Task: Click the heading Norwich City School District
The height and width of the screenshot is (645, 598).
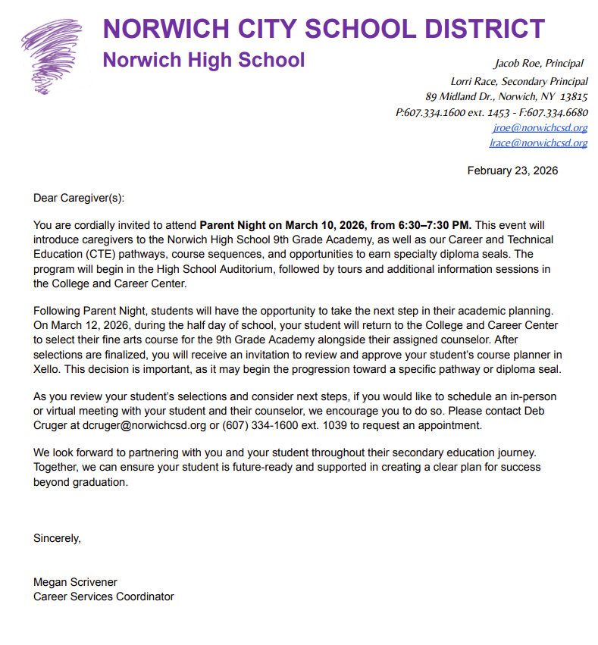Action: pos(324,29)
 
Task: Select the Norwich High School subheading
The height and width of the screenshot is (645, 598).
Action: pos(203,60)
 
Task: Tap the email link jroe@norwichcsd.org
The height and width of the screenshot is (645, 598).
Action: pos(540,127)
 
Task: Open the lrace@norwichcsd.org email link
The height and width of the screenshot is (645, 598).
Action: pos(538,142)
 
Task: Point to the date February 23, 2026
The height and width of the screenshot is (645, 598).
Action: pos(512,171)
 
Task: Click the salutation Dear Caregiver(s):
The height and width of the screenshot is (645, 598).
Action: pos(78,198)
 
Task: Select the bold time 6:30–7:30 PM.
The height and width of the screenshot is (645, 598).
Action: pos(434,225)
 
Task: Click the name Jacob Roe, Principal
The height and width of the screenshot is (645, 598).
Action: pos(539,63)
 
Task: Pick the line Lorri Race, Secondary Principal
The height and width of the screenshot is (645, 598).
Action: pos(518,81)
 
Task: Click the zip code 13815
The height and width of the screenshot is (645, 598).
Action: pos(574,96)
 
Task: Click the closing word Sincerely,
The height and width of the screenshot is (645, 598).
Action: pos(57,538)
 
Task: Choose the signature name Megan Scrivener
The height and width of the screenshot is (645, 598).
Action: pos(75,582)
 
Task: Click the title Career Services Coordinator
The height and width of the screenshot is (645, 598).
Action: pos(103,596)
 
